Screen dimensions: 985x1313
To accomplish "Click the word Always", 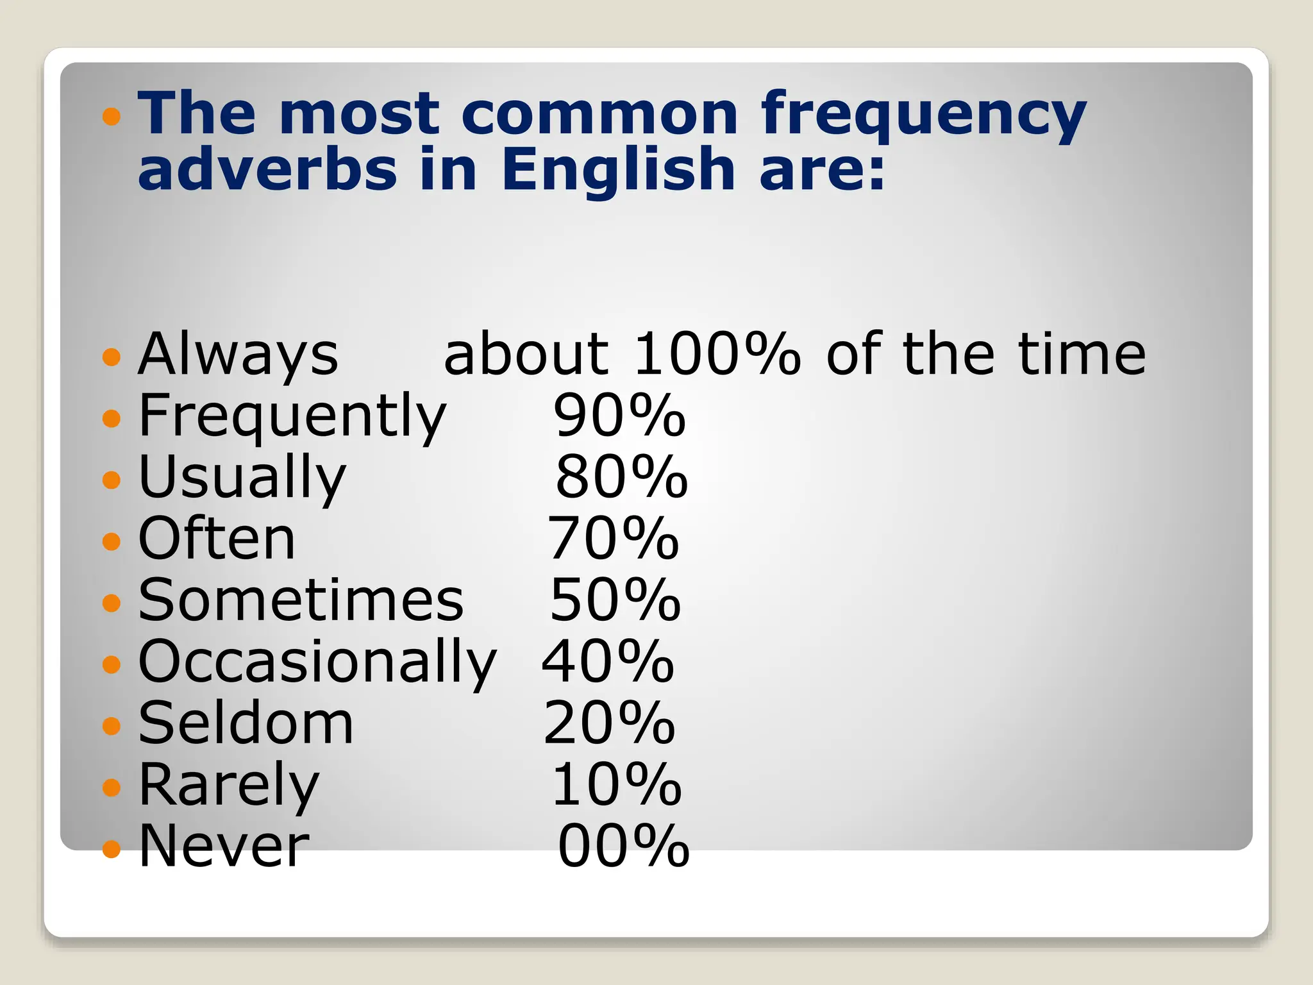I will click(x=238, y=355).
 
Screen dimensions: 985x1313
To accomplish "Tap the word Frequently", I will click(x=292, y=416).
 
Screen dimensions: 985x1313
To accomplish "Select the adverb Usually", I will click(x=242, y=478).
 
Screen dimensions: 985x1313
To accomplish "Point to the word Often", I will click(x=217, y=539).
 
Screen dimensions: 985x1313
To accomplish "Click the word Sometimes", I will click(x=301, y=600).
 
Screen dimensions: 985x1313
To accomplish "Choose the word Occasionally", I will click(x=317, y=662).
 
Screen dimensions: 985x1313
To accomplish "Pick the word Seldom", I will click(x=246, y=723).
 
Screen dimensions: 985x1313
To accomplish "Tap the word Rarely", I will click(x=228, y=785).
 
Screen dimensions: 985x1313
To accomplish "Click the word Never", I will click(x=224, y=846).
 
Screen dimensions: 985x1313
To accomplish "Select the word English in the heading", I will click(x=617, y=170).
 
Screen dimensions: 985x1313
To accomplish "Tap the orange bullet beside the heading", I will click(x=112, y=116).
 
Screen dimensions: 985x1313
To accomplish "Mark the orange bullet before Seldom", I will click(x=112, y=725).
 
